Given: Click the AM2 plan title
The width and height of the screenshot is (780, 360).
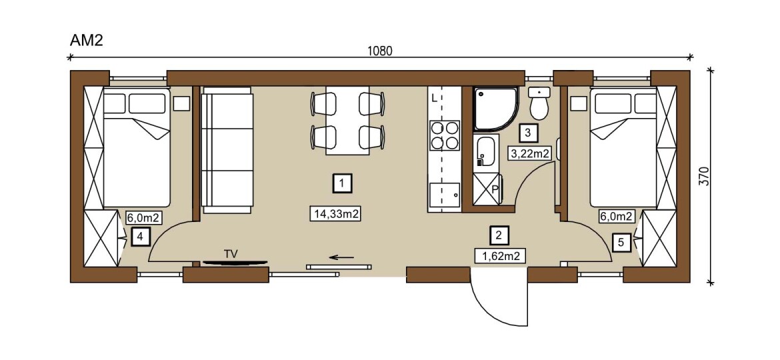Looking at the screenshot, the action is pos(86,40).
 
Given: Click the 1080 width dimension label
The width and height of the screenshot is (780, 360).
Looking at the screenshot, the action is pos(379,51).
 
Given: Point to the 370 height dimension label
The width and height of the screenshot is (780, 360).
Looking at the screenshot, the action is pos(703,176).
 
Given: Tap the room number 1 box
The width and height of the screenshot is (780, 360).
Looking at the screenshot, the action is pos(341,183).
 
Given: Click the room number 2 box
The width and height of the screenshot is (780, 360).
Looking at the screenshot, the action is pos(499,235).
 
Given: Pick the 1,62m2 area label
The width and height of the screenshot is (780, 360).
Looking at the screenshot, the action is pos(500,257).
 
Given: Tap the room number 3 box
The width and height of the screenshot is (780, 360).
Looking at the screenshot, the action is pos(528,133).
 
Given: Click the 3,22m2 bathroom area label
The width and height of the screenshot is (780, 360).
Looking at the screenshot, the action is pos(529,153).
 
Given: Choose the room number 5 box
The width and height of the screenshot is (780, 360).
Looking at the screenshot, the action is pos(621,242).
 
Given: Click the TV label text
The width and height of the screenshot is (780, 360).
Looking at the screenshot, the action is pos(231,253).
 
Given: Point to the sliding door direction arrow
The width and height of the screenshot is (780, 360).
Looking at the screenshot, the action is pos(341,257).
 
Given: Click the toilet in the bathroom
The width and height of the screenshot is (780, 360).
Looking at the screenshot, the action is pos(539,102).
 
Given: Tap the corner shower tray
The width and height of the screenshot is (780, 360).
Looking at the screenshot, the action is pos(495,109).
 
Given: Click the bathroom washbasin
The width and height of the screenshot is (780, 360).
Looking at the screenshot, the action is pos(485,151).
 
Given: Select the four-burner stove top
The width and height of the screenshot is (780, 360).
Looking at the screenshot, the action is pos(444,135).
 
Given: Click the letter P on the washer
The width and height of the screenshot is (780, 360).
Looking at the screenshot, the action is pos(495,189).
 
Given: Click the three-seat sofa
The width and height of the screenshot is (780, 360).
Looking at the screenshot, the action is pos(227,150).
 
